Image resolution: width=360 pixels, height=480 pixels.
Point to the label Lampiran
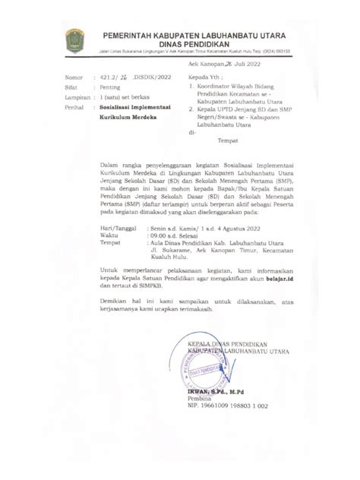pyautogui.click(x=76, y=99)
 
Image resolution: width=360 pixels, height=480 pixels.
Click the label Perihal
pyautogui.click(x=74, y=109)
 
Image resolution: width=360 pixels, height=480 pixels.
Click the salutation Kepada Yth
pyautogui.click(x=207, y=78)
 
